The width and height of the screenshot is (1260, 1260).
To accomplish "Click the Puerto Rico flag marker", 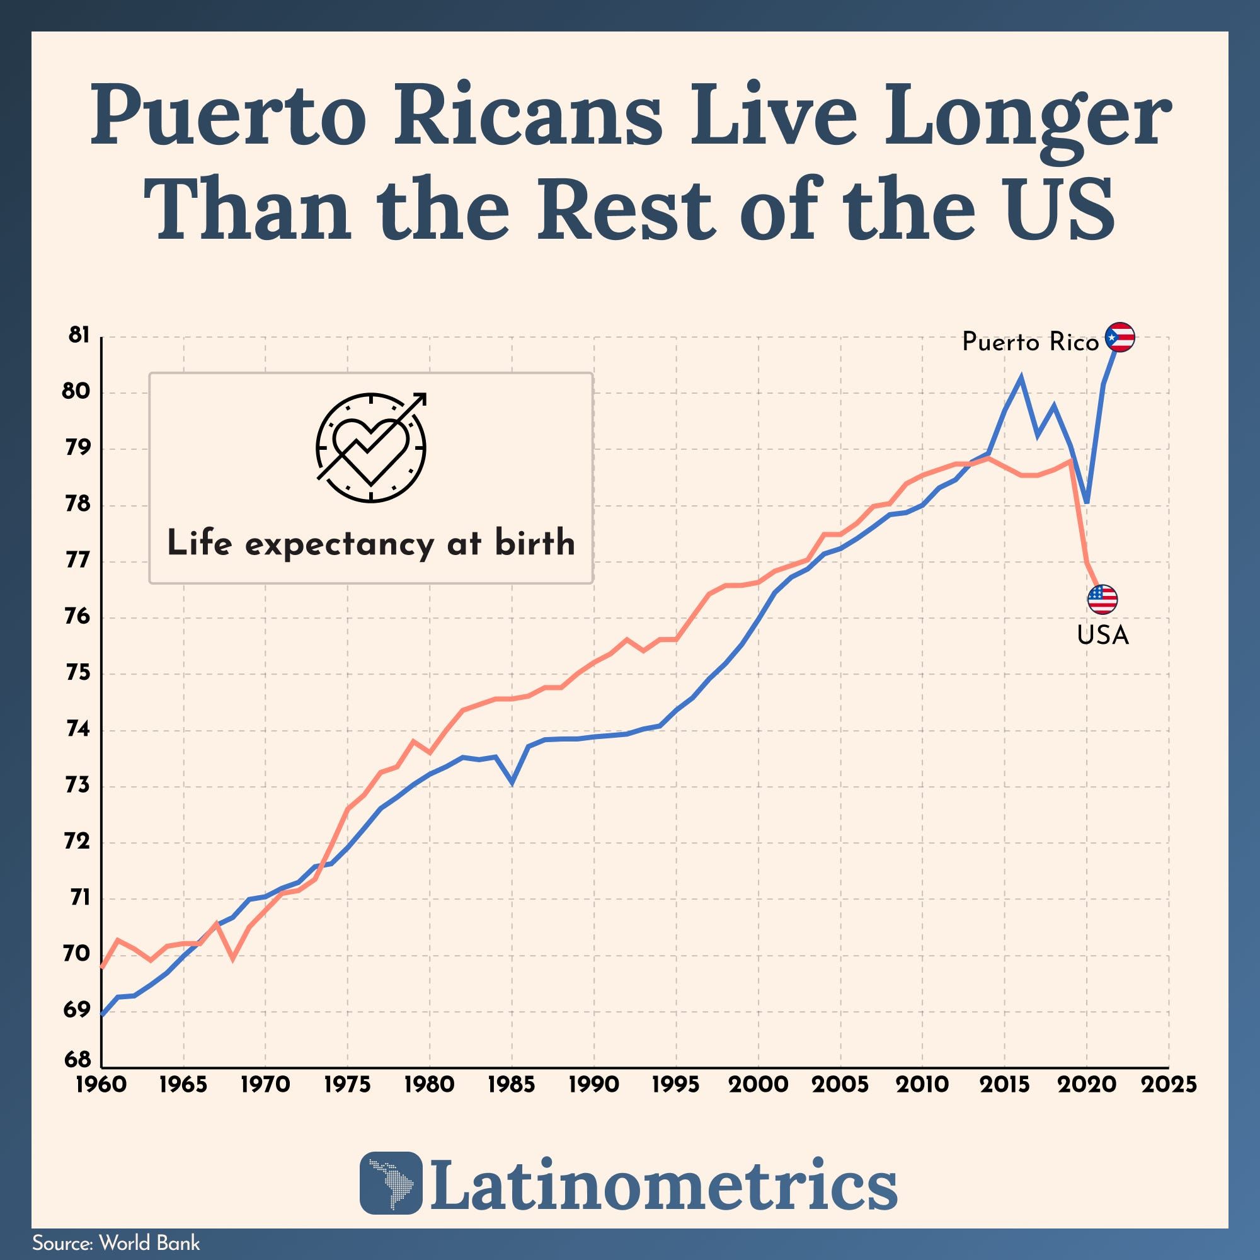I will [1120, 338].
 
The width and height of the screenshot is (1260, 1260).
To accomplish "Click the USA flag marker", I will [1102, 598].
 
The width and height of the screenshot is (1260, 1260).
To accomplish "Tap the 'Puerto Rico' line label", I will [1031, 341].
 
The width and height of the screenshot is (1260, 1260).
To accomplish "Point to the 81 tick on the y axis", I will [78, 336].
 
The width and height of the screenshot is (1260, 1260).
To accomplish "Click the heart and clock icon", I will [371, 447].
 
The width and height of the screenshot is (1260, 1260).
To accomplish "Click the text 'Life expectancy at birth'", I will [371, 543].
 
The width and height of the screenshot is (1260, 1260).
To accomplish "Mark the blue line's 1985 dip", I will [512, 781].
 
